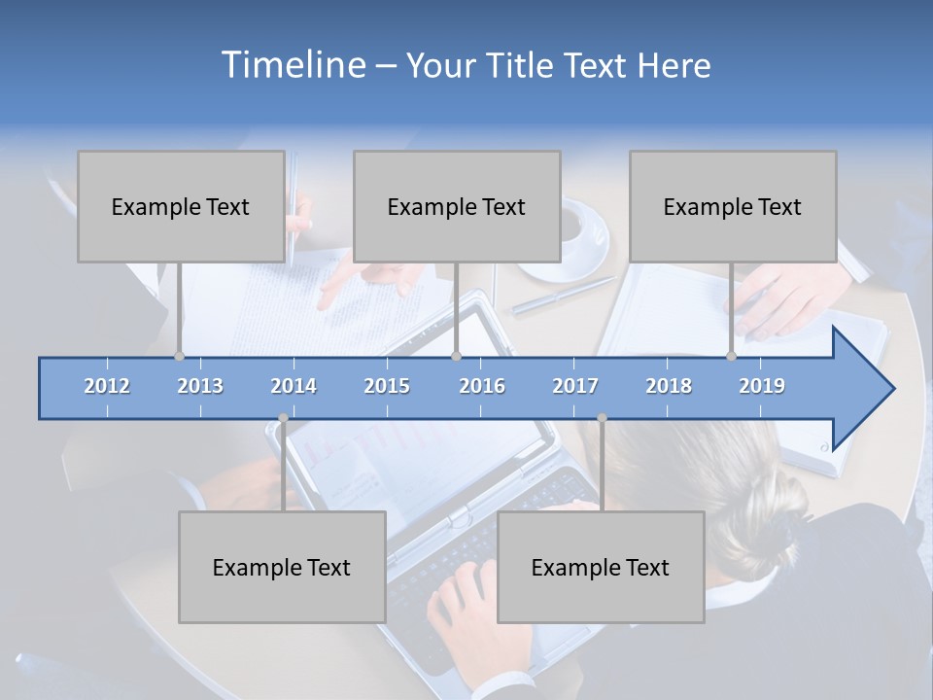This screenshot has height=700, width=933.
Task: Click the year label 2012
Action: [107, 386]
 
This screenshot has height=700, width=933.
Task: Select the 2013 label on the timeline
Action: [200, 386]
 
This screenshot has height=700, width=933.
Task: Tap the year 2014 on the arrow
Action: [294, 386]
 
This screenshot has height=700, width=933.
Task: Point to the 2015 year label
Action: [387, 386]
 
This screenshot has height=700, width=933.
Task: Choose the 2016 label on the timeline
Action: [482, 386]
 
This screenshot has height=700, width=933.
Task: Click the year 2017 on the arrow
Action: [575, 386]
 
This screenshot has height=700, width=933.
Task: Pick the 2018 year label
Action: [669, 386]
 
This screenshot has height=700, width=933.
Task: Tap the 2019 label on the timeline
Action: [762, 386]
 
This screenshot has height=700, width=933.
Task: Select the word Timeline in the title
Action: [292, 65]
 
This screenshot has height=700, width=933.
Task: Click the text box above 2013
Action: [181, 206]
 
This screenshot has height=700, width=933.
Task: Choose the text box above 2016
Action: [457, 206]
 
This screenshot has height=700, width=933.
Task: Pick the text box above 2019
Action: [733, 206]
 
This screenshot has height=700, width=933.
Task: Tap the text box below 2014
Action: [282, 567]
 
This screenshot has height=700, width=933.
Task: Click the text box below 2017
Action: [601, 567]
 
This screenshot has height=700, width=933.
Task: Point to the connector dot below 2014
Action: [283, 418]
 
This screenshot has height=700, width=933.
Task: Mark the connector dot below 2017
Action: [602, 418]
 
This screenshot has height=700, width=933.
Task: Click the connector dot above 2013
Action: [179, 356]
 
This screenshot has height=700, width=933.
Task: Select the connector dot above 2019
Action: [731, 356]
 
